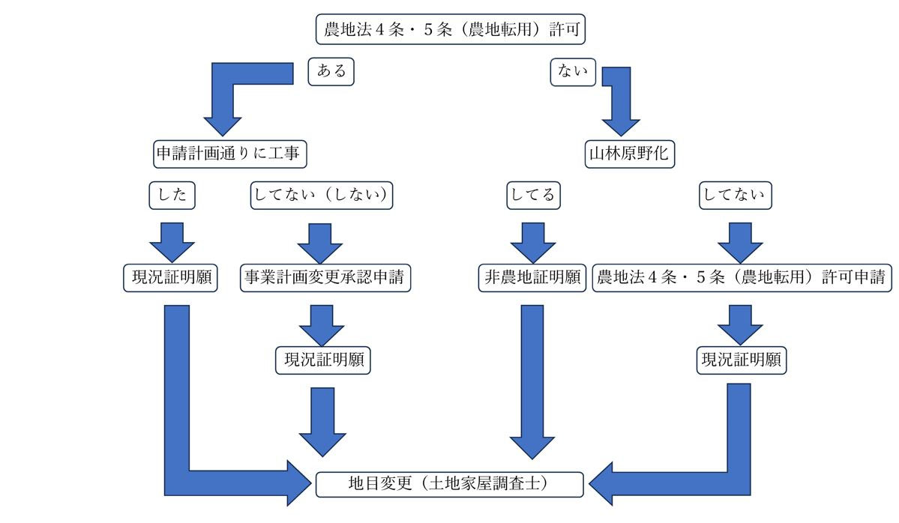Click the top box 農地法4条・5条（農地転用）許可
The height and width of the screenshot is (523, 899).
click(449, 30)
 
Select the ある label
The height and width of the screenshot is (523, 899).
click(331, 72)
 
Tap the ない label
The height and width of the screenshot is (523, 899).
click(573, 72)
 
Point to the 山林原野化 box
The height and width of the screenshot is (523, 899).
click(630, 154)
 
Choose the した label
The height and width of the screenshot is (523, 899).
click(172, 196)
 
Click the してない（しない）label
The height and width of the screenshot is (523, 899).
click(321, 196)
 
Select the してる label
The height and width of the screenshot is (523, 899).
click(532, 196)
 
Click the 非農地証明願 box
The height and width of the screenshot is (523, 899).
click(532, 278)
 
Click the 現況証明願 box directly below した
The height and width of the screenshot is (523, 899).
click(170, 278)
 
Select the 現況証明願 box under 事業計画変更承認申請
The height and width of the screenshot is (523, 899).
click(323, 360)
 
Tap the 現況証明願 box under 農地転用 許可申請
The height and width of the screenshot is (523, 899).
click(742, 360)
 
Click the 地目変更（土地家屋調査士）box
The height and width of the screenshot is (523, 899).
click(449, 484)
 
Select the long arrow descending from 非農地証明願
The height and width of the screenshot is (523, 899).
click(532, 375)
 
